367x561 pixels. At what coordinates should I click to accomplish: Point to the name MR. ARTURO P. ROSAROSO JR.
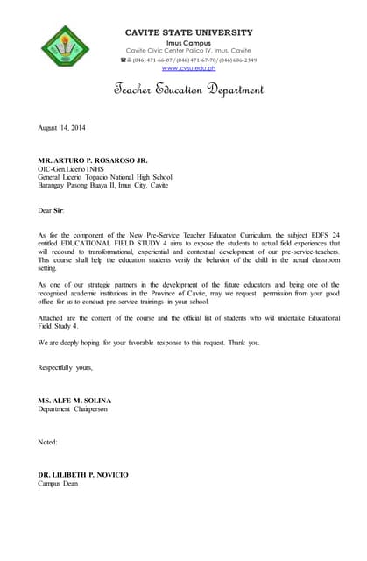pos(93,161)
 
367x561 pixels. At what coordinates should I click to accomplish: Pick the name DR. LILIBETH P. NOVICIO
pos(83,474)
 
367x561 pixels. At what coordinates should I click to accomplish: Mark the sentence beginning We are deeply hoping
pos(149,342)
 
